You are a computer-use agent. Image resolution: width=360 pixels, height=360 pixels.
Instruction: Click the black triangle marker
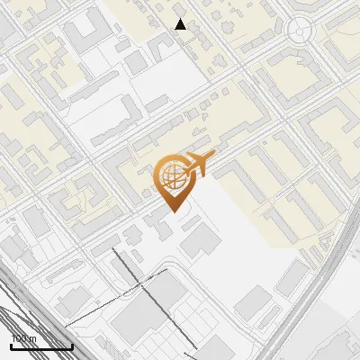click(181, 24)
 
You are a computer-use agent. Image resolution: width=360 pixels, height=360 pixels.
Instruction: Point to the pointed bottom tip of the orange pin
click(173, 212)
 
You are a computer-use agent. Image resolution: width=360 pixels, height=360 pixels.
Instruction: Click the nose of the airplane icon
click(213, 157)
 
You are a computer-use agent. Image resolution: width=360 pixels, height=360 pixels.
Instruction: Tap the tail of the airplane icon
click(183, 169)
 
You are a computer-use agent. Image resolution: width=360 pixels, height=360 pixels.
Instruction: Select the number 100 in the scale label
click(18, 339)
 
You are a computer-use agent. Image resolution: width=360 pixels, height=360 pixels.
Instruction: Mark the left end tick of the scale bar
click(11, 344)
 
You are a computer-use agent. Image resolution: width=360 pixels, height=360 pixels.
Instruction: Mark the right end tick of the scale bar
click(71, 344)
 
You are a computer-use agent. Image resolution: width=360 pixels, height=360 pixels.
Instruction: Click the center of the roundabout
click(298, 31)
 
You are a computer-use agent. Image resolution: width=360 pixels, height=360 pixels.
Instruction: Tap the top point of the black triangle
click(181, 18)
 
